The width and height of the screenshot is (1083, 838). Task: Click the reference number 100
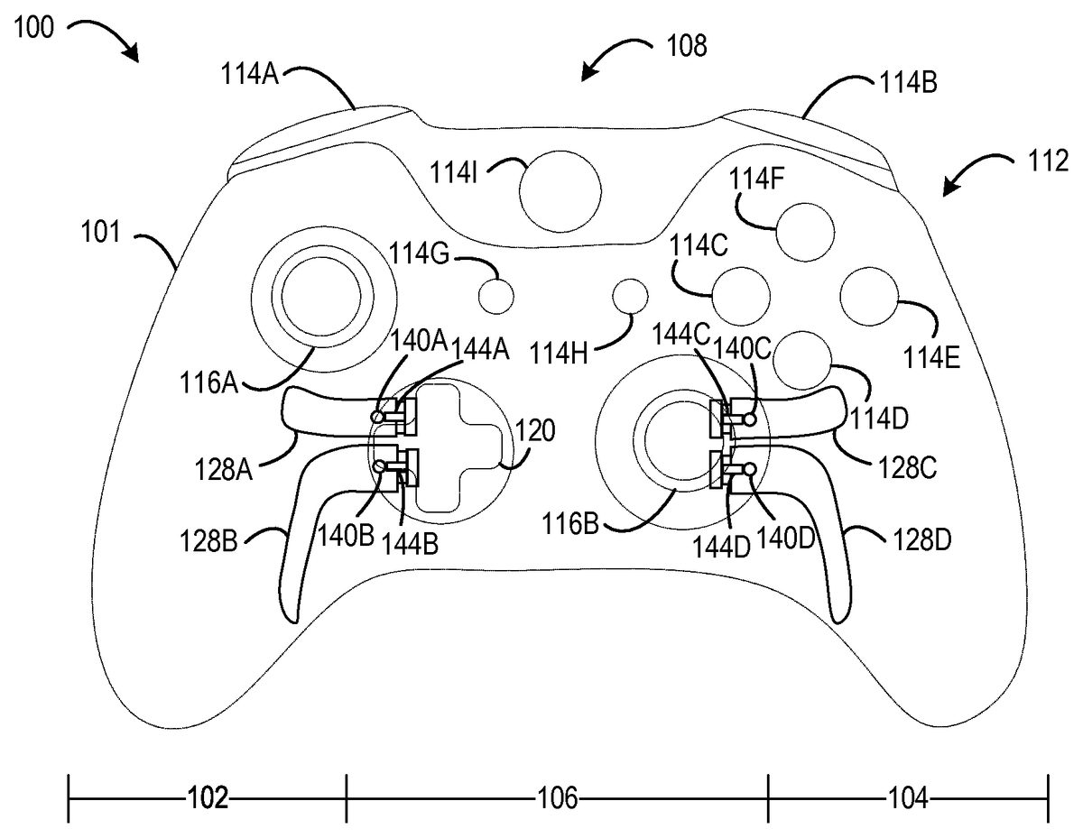pos(33,27)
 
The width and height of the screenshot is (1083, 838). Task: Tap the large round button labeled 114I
pos(560,192)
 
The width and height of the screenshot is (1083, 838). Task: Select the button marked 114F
pos(805,232)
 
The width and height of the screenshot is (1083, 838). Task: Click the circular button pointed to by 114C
pos(742,296)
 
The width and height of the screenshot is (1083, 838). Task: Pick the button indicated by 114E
pos(869,297)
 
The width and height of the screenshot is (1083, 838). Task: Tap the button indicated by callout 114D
pos(802,361)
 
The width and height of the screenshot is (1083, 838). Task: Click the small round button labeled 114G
pos(495,296)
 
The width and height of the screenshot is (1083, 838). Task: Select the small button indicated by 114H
pos(630,297)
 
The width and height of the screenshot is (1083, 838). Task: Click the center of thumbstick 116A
pos(321,297)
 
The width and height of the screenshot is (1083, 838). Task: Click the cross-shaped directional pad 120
pos(458,447)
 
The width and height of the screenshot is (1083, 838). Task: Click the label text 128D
pos(922,539)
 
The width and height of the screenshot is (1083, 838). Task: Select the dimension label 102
pos(208,798)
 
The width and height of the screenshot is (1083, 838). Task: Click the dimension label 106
pos(558,798)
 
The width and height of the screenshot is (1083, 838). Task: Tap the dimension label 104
pos(909,798)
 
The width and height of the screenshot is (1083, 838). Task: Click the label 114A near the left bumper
pos(250,75)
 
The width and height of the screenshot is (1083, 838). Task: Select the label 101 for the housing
pos(101,232)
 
